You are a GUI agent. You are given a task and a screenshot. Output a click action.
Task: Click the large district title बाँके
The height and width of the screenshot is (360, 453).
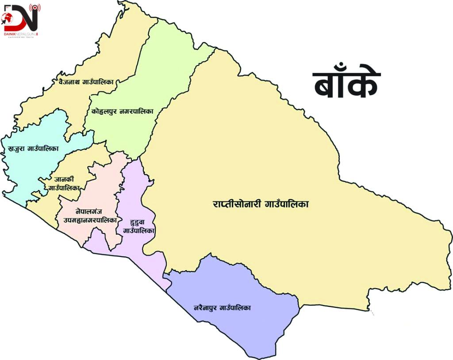click(346, 84)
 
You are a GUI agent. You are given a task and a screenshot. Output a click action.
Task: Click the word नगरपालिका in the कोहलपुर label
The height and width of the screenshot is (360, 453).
click(136, 112)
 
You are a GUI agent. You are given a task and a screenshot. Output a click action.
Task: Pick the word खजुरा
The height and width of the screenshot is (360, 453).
click(16, 149)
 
